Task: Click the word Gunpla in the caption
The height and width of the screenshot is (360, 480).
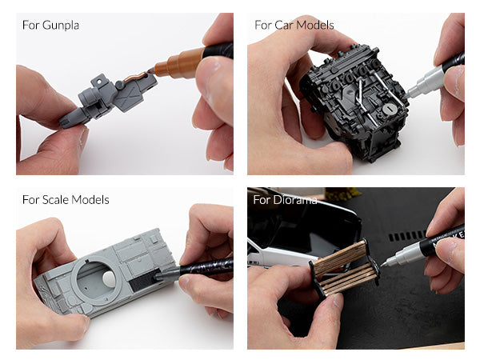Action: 61,26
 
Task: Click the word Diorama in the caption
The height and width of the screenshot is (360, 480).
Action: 295,200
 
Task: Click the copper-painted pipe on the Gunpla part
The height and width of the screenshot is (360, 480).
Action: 135,77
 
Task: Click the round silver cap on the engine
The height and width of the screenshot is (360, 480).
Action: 389,108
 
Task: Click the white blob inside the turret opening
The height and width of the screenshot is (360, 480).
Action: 110,278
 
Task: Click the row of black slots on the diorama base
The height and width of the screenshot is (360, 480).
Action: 407,236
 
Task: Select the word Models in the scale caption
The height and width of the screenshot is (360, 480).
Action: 90,200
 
